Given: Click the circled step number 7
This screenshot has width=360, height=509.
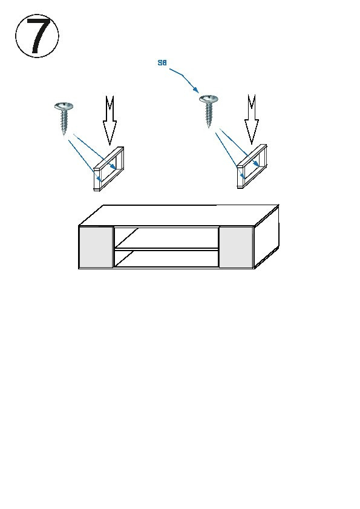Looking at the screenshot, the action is [x=38, y=36].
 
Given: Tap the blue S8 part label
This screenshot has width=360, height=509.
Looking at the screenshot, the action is [x=162, y=63].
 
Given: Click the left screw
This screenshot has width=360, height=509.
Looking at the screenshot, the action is [x=64, y=118].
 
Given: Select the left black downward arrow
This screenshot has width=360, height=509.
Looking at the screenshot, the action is [x=110, y=120].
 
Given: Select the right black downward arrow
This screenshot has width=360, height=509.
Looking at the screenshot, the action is [x=252, y=119].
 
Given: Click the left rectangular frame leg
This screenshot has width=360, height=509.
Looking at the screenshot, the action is [x=108, y=169].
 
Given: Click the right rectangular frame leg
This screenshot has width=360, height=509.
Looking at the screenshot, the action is [x=252, y=166].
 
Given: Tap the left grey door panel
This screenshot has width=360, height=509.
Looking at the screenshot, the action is [x=96, y=247].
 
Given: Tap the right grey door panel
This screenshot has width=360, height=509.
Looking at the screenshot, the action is [x=236, y=247].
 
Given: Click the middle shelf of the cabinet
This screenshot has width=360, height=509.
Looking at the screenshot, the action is [x=166, y=249].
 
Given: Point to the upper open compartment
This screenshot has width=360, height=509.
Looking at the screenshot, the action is [x=166, y=238].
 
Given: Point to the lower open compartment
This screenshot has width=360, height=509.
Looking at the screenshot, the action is [x=166, y=258].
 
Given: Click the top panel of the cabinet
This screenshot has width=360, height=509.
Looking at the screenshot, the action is [x=178, y=215].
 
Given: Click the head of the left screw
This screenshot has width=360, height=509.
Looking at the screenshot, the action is [x=64, y=106].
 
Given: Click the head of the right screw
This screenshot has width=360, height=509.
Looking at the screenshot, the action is [x=208, y=99].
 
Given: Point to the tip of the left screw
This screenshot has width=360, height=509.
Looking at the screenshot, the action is [x=64, y=135].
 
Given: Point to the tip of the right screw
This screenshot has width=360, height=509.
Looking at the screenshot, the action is [x=209, y=128].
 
